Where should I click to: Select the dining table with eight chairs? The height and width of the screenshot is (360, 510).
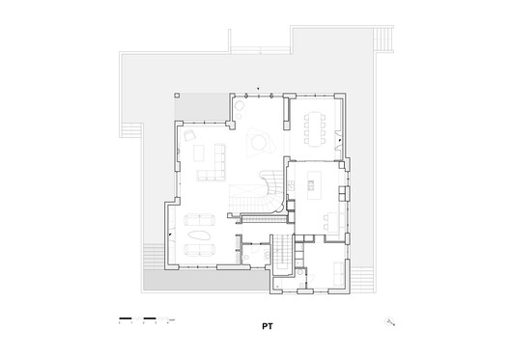click(x=315, y=123)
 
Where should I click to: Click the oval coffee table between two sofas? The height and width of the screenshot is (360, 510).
click(x=200, y=235)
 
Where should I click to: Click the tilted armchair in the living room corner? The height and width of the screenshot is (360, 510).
click(x=191, y=138)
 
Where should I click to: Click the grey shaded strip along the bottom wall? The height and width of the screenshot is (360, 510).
click(x=203, y=281)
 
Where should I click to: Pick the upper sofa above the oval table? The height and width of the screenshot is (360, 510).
click(x=200, y=219)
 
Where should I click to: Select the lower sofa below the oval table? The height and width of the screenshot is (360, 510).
click(x=200, y=251)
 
